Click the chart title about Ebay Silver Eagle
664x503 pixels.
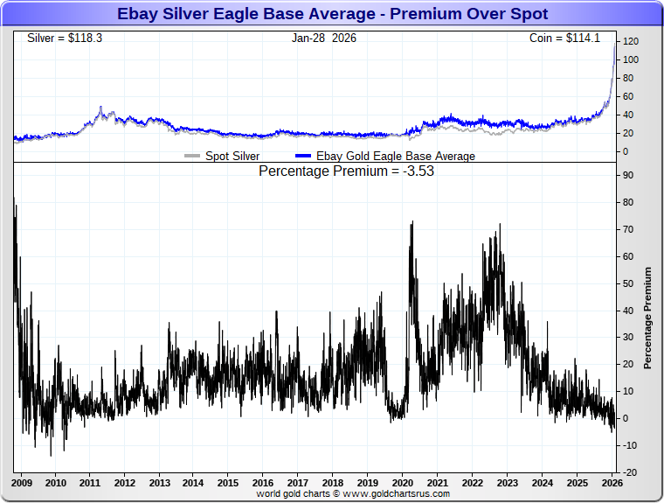point(332,14)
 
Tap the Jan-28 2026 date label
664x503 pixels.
point(323,38)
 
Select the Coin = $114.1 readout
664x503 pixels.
point(572,38)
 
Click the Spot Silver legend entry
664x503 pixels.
point(230,157)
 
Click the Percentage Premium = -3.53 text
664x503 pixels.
point(346,171)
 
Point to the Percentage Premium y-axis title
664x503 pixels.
point(647,318)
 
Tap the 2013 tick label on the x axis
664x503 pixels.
point(159,483)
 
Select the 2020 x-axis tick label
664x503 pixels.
point(402,483)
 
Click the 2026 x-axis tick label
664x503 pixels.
point(612,483)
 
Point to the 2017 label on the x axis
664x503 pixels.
point(298,483)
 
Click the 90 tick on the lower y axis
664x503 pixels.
point(627,175)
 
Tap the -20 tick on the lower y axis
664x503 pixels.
point(628,472)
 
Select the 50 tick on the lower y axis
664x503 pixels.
point(627,283)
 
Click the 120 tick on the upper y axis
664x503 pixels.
point(630,41)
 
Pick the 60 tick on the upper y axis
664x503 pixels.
point(627,96)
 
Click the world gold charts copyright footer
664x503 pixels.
point(353,494)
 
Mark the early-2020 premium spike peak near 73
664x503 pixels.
point(412,222)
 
